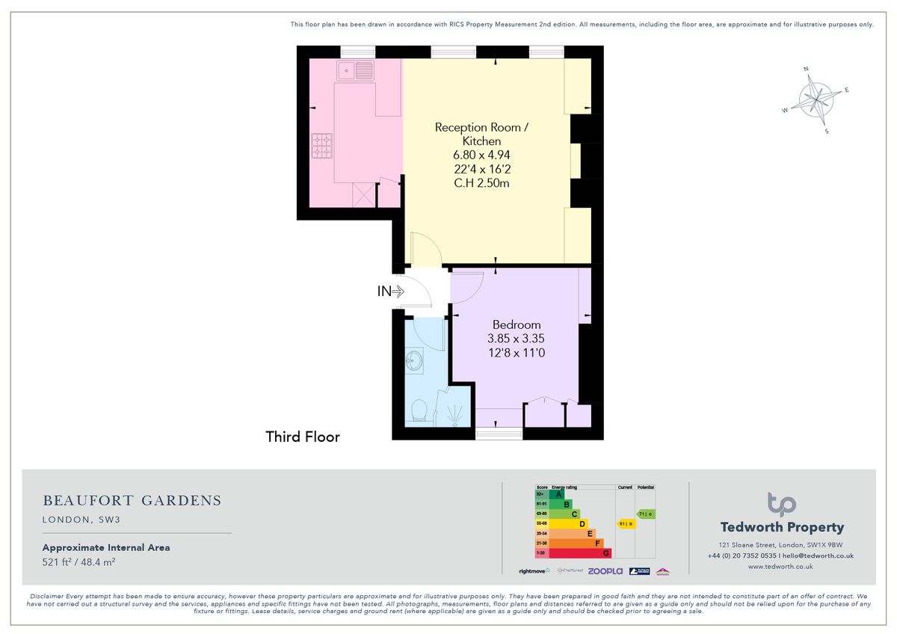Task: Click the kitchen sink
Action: pos(356,71)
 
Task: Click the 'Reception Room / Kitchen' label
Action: pos(481,134)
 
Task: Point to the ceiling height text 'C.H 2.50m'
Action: pos(481,182)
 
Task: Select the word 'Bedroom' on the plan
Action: pos(516,324)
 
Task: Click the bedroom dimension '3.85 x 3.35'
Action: pos(516,338)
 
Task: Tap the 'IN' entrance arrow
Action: pos(390,292)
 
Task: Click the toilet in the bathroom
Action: pos(419,410)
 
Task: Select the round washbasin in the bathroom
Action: pos(415,363)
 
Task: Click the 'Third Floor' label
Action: pos(303,437)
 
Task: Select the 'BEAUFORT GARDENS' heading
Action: pos(132,500)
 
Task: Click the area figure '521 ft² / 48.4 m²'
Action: pos(78,561)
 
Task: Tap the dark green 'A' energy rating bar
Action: pos(555,494)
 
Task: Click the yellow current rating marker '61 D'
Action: pos(625,523)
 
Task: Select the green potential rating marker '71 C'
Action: pos(645,514)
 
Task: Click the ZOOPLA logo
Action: pos(605,571)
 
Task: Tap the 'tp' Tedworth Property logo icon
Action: pos(781,504)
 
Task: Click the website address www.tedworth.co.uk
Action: pos(780,567)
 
